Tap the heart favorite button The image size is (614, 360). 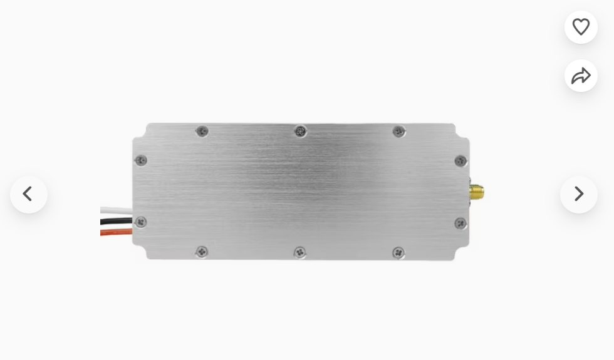coord(581,27)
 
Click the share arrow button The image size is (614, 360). coord(581,76)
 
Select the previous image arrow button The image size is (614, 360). coord(28,194)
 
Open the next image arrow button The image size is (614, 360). coord(578,194)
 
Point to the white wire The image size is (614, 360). coord(117,211)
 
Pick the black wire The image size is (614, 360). coord(117,221)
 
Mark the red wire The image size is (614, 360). coord(117,232)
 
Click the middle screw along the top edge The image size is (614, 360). coord(301,131)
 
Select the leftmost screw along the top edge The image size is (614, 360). coord(202,131)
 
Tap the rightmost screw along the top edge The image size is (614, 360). coord(398,131)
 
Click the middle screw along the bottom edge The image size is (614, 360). coord(300,252)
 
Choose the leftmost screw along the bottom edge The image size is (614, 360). coord(202,252)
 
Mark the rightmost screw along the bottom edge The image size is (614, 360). coord(398,252)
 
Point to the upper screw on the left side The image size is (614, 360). coord(141,160)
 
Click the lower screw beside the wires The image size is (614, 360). coord(141,222)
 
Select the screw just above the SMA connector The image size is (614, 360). coord(460,161)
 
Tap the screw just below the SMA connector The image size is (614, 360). coord(460,223)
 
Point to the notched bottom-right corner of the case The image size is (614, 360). coord(462,254)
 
